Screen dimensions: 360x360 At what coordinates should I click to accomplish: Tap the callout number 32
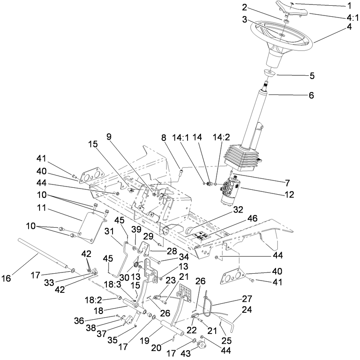[x=238, y=210]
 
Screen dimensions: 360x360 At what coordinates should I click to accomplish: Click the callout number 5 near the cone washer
[x=312, y=76]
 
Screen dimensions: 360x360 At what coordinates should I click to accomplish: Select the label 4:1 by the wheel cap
[x=352, y=18]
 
